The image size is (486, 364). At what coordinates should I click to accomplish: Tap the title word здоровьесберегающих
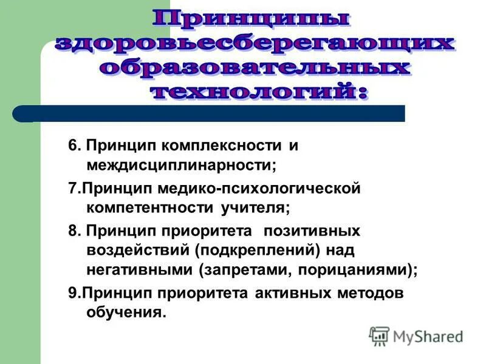255,44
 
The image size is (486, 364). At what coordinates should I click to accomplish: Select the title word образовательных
254,67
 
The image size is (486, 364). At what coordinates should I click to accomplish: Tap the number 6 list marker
72,146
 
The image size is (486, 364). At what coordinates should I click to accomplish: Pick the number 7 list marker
72,189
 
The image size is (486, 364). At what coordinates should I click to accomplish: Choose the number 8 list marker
72,231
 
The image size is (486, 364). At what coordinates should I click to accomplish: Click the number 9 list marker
72,294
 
